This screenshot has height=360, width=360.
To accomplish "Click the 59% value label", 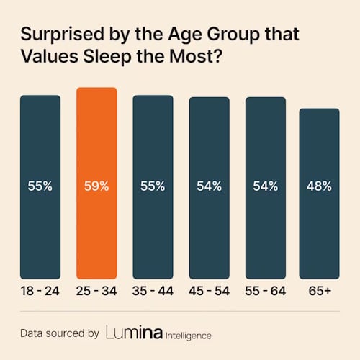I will coord(96,186).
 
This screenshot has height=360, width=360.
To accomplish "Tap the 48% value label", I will coord(319,186).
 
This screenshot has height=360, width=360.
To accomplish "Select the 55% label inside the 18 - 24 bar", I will coord(40,186).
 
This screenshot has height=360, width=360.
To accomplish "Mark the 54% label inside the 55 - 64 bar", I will coord(265,186).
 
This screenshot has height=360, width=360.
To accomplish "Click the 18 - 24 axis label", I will coord(40,292).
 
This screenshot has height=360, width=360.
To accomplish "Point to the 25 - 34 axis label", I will coord(96,292).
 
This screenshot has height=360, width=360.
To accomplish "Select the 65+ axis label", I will coord(319,292).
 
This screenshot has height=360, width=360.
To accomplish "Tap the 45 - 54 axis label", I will coord(209,292).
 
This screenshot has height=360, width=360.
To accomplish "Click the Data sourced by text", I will coord(59,334).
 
